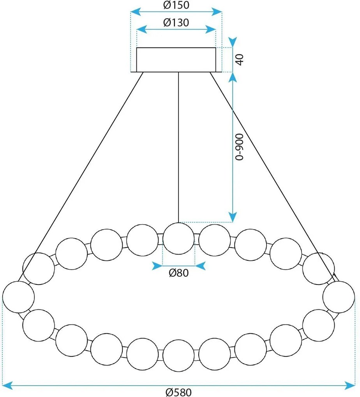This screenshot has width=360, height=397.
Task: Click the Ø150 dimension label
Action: tap(176, 5)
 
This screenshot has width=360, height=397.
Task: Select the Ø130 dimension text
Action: tap(176, 23)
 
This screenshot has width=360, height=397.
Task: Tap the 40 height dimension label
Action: tap(239, 60)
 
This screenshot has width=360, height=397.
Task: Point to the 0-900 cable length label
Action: tap(239, 147)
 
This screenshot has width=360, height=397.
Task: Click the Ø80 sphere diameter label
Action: tap(179, 273)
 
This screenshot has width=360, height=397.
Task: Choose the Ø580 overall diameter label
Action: tap(178, 392)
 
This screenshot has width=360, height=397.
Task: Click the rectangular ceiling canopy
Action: tap(176, 60)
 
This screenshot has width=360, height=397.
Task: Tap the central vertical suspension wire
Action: tap(178, 148)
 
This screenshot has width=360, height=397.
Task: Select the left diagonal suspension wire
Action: tap(81, 176)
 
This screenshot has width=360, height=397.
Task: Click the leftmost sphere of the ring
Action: tap(18, 297)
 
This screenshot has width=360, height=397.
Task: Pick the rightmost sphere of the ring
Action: tap(339, 297)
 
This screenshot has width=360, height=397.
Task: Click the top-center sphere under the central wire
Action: tap(178, 239)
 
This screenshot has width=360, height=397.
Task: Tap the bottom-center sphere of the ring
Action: tap(178, 356)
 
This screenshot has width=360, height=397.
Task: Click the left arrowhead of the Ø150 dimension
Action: tap(136, 12)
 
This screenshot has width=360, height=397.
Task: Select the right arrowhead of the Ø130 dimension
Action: tap(211, 29)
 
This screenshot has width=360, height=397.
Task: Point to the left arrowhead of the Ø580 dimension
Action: tap(7, 386)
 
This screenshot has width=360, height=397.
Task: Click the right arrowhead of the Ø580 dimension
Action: tap(349, 386)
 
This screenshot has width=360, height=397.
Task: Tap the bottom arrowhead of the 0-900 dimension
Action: tap(233, 218)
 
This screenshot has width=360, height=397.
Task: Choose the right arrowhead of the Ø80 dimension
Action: tap(200, 266)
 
